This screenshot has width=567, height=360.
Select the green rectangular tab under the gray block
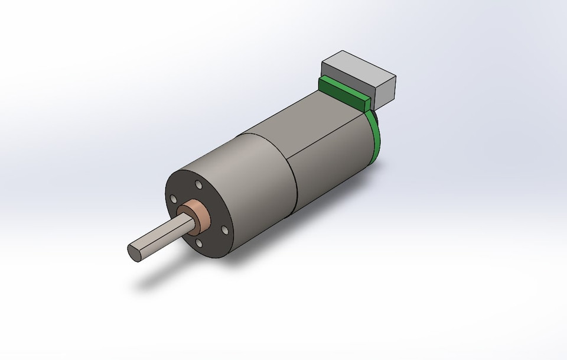click(343, 92)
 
